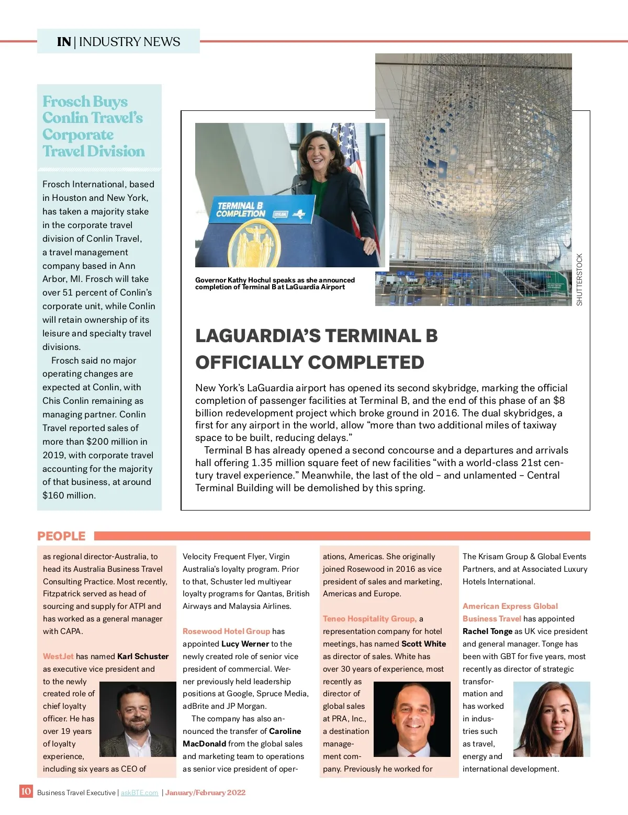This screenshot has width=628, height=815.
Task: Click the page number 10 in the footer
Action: tap(26, 791)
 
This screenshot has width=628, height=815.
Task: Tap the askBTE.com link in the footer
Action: tap(139, 793)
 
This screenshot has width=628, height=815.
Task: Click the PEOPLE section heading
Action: tap(61, 536)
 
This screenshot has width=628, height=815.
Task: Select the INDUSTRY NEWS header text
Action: tap(129, 42)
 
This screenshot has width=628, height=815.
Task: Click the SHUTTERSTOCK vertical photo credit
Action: tap(579, 279)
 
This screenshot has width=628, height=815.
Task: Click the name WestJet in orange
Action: tap(58, 656)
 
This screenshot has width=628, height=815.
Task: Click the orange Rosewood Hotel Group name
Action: tap(226, 631)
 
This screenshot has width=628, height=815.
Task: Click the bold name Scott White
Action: tap(423, 644)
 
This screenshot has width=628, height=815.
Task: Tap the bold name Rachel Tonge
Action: tap(487, 631)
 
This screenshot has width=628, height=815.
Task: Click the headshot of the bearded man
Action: tap(138, 719)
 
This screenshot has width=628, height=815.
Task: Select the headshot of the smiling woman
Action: tap(552, 719)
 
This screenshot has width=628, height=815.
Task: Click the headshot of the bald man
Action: tap(412, 719)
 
